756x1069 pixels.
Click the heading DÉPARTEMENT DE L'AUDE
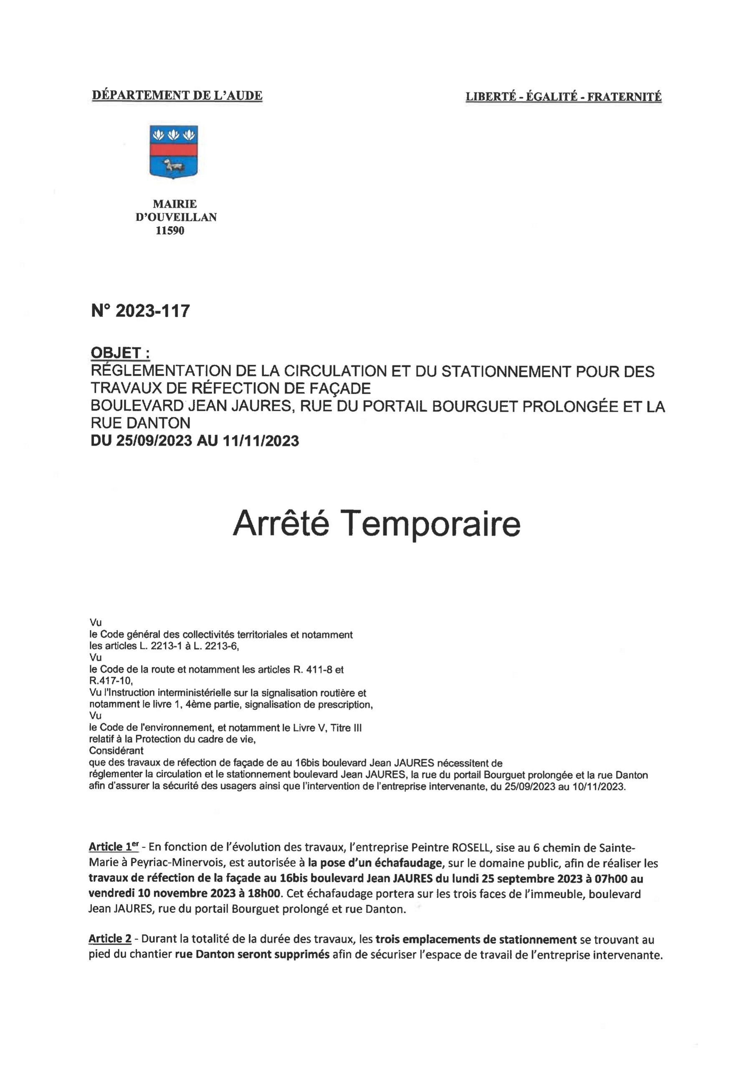pyautogui.click(x=177, y=96)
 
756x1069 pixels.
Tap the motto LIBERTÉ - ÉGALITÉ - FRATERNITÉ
pyautogui.click(x=563, y=97)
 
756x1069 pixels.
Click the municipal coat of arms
pyautogui.click(x=173, y=152)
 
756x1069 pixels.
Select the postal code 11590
pyautogui.click(x=170, y=231)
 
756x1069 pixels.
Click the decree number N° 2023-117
pyautogui.click(x=141, y=311)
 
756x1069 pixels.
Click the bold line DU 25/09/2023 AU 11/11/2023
pyautogui.click(x=195, y=441)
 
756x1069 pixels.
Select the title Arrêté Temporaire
pyautogui.click(x=377, y=523)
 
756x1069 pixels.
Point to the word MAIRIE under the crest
pyautogui.click(x=174, y=204)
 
